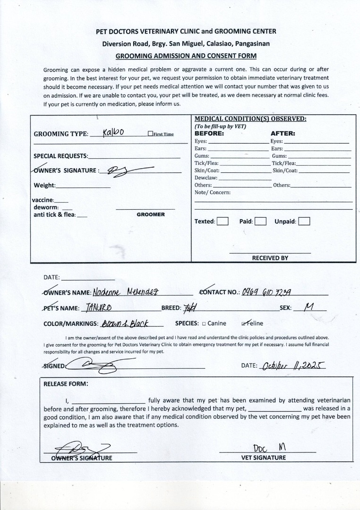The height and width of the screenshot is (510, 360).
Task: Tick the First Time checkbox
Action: (x=150, y=134)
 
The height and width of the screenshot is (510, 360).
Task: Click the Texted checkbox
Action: (x=223, y=221)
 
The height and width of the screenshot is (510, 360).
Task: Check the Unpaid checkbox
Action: (x=304, y=221)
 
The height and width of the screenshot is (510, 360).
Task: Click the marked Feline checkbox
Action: (x=244, y=323)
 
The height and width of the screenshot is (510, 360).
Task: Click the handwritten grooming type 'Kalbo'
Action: (x=113, y=133)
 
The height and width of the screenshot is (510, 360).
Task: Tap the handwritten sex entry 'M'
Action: (x=309, y=307)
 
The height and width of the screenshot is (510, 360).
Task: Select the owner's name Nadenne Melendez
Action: (x=127, y=292)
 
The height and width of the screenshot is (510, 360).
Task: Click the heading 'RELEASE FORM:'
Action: (x=66, y=384)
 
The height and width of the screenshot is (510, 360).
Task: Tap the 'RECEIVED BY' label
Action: (x=270, y=258)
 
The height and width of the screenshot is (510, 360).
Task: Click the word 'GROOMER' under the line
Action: (x=151, y=214)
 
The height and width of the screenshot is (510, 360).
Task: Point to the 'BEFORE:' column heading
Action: (x=209, y=134)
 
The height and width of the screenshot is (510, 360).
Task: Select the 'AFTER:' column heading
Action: (x=283, y=134)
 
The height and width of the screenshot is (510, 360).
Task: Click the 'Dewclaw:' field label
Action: (x=206, y=178)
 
